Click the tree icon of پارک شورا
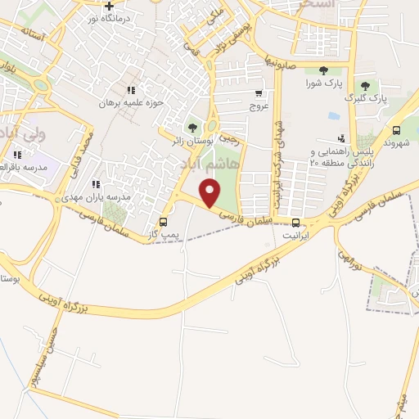[x=322, y=70]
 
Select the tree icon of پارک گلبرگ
[x=365, y=85]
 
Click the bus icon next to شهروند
[x=397, y=130]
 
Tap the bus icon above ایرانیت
[x=295, y=222]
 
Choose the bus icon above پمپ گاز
[x=163, y=222]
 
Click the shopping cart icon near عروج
[x=259, y=93]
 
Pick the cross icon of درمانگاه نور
[x=109, y=6]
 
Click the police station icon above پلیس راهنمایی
[x=340, y=138]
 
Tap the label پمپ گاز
[x=163, y=235]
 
